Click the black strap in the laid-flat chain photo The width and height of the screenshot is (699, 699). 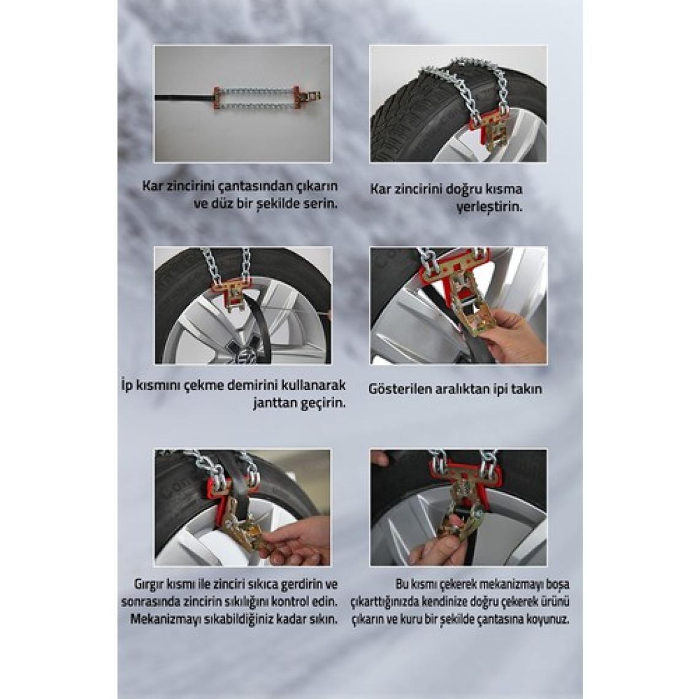coord(183,97)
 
